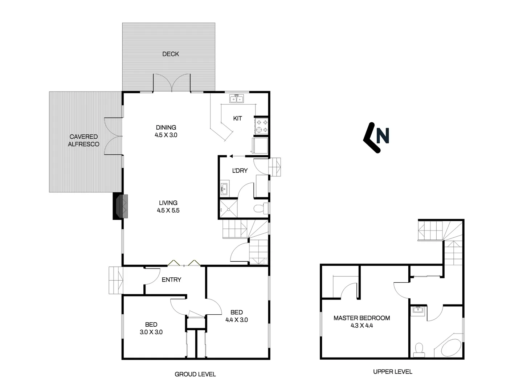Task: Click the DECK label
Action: coord(171,54)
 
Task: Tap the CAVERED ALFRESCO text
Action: coord(83,140)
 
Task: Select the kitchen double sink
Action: coord(236,99)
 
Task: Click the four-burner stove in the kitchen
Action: coord(262,126)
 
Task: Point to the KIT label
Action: coord(237,118)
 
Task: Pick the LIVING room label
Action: coord(168,203)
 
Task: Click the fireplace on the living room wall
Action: coord(121,206)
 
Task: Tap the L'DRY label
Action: coord(240,171)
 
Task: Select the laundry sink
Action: coord(225,189)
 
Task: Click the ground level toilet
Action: coord(261,208)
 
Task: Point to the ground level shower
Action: coord(229,209)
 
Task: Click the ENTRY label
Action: coord(171,279)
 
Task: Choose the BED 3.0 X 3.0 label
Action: coord(151,328)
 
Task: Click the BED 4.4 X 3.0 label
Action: coord(237,316)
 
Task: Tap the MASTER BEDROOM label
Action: coord(362,318)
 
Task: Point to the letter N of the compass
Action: coord(383,135)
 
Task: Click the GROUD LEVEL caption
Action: coord(195,374)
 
